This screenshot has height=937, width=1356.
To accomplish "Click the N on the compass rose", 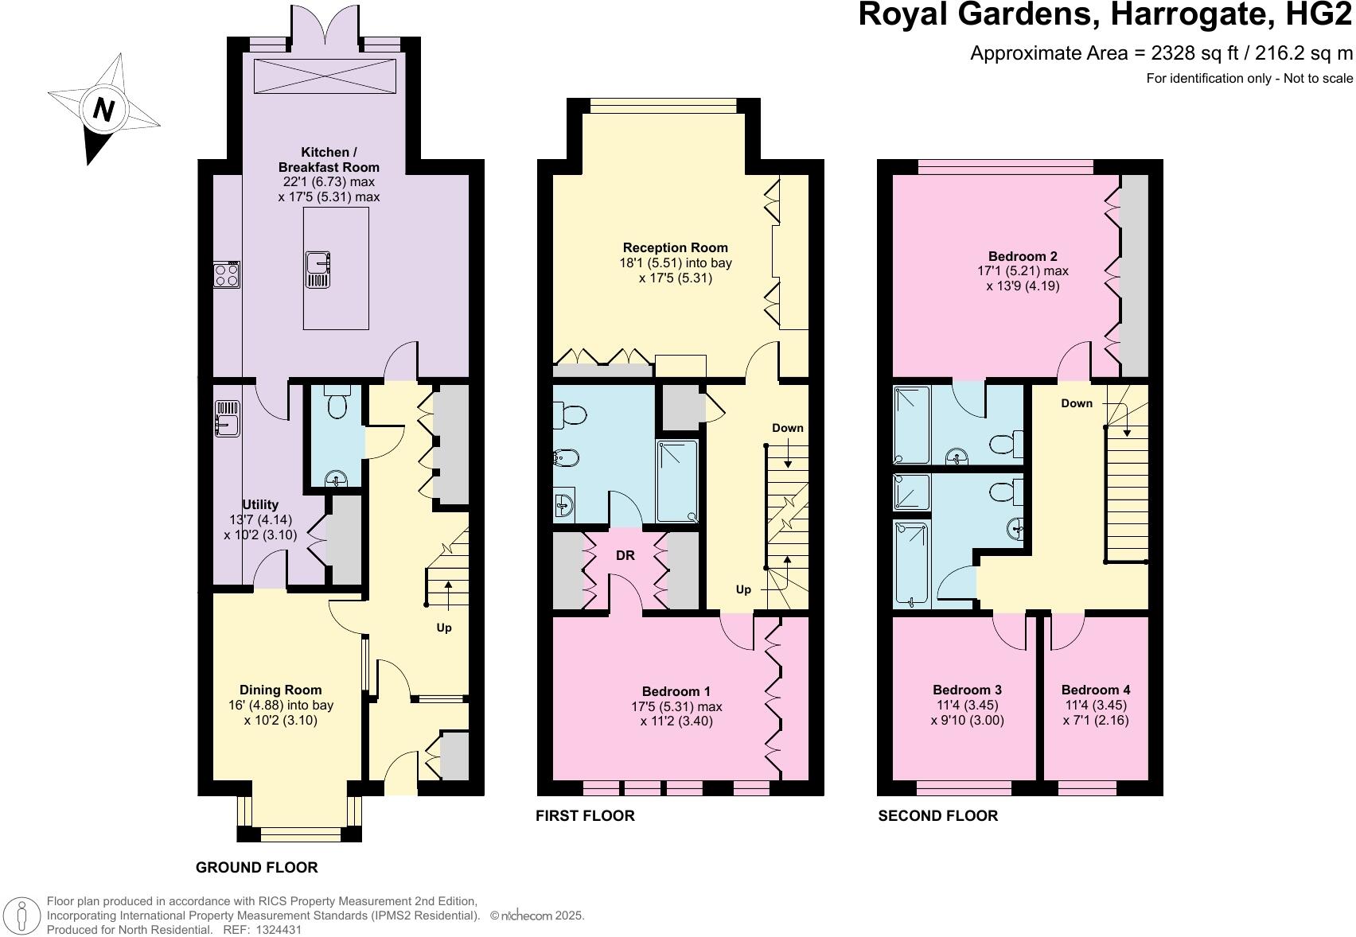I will pyautogui.click(x=103, y=109).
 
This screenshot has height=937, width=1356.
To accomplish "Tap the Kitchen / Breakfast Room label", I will pyautogui.click(x=328, y=159).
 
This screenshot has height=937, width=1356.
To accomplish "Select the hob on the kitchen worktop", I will pyautogui.click(x=227, y=274).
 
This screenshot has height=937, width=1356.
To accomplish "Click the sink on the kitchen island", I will pyautogui.click(x=318, y=268).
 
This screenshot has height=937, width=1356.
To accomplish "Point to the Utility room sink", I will pyautogui.click(x=228, y=418).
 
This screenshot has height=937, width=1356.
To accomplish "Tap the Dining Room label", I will pyautogui.click(x=280, y=690).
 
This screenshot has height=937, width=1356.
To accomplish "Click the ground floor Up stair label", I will pyautogui.click(x=443, y=628).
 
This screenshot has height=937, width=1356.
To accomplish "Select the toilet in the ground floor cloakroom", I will pyautogui.click(x=337, y=405).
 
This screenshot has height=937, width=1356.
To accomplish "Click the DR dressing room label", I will pyautogui.click(x=625, y=555).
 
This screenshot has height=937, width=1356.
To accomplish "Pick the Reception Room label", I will pyautogui.click(x=675, y=247).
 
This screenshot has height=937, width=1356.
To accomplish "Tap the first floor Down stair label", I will pyautogui.click(x=787, y=428).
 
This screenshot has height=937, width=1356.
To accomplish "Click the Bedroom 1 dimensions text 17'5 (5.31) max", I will pyautogui.click(x=676, y=706).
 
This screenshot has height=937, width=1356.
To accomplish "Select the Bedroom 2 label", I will pyautogui.click(x=1022, y=256).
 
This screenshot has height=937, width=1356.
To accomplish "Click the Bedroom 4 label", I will pyautogui.click(x=1095, y=690).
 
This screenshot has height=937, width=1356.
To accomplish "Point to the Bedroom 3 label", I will pyautogui.click(x=967, y=690).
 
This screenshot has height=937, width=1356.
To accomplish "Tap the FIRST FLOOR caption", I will pyautogui.click(x=585, y=815).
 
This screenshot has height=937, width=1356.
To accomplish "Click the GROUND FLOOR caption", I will pyautogui.click(x=256, y=867).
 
